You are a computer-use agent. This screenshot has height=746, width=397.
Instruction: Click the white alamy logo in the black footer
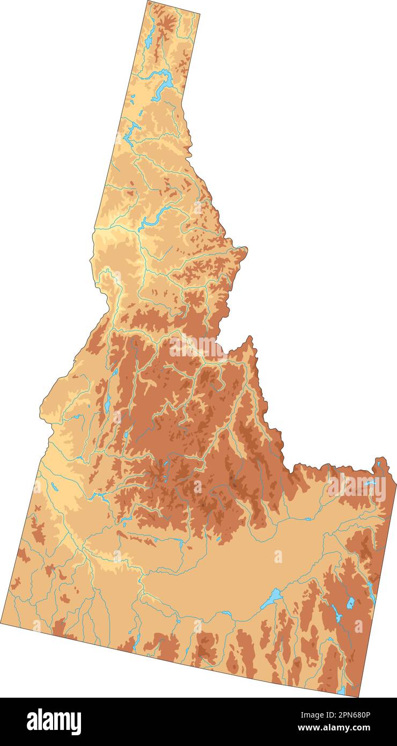54,721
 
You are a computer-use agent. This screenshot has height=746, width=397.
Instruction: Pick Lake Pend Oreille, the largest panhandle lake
164,83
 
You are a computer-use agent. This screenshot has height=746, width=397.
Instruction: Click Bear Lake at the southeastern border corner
341,690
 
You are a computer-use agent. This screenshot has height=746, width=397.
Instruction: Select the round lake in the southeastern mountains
350,603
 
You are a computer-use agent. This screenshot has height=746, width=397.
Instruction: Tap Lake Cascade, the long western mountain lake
108,403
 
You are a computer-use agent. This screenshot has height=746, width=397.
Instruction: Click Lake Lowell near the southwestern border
54,487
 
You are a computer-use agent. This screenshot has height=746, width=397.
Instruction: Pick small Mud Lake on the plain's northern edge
307,519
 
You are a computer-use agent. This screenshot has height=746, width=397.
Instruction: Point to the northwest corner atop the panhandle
148,2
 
